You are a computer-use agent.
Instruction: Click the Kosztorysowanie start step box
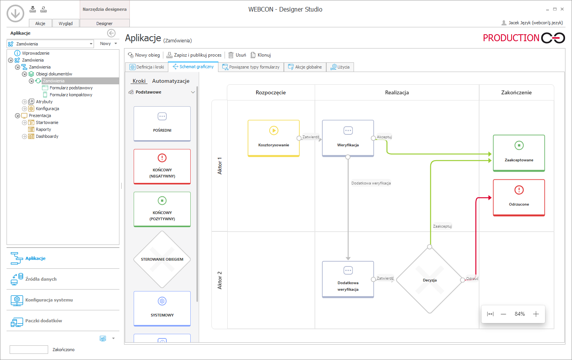coord(273,138)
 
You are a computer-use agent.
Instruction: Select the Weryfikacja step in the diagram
coord(348,138)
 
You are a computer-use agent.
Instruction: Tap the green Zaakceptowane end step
coord(519,153)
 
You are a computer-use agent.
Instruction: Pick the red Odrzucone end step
coord(519,198)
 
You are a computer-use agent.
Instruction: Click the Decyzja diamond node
coord(430,280)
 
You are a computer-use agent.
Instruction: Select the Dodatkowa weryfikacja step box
coord(348,279)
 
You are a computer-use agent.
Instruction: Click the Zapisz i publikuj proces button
coord(194,55)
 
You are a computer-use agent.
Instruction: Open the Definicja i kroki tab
coord(147,67)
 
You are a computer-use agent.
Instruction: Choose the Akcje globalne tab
coord(305,67)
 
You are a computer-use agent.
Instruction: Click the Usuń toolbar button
coord(237,55)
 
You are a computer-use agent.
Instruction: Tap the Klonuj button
coord(261,55)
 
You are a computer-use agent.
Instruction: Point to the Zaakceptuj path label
coord(442,226)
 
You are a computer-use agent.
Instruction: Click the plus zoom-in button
coord(536,314)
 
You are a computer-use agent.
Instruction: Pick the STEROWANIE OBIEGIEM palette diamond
coord(162,260)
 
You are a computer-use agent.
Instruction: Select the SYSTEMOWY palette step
coord(162,309)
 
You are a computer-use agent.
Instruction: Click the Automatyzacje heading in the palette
coord(171,81)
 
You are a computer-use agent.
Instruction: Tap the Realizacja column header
coord(397,92)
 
